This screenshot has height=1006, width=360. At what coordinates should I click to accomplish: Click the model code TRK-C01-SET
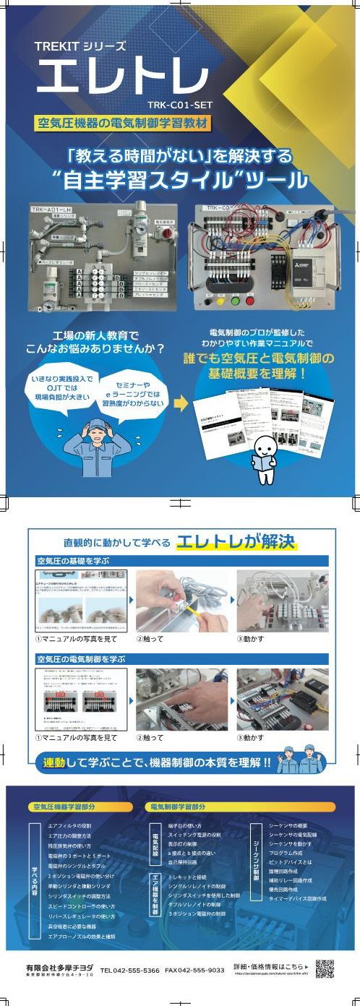(x=179, y=103)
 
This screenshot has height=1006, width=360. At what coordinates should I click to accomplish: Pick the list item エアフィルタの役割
(x=69, y=825)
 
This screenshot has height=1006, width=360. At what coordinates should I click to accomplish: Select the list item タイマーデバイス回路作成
(x=297, y=898)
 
